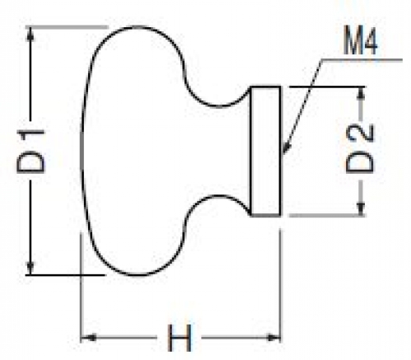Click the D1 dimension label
click(30, 151)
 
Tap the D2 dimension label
click(360, 149)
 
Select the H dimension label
click(180, 338)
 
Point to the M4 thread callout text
click(361, 43)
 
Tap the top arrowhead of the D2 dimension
click(362, 93)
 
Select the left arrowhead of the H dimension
click(88, 338)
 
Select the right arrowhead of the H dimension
click(273, 338)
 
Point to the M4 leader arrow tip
click(283, 152)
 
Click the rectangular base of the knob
click(266, 152)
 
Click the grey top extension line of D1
click(68, 27)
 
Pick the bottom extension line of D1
click(65, 274)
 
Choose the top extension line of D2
click(327, 87)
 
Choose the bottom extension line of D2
click(327, 216)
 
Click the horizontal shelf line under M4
click(362, 59)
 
